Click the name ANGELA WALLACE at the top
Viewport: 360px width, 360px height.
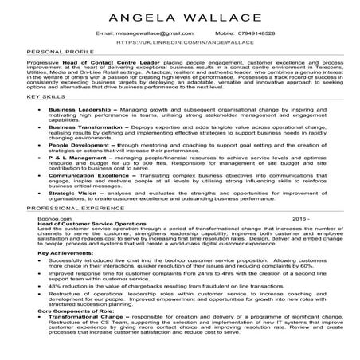pyautogui.click(x=179, y=17)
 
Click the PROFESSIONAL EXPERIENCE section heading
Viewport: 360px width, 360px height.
pyautogui.click(x=71, y=229)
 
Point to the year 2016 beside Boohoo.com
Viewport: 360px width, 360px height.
pyautogui.click(x=299, y=239)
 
